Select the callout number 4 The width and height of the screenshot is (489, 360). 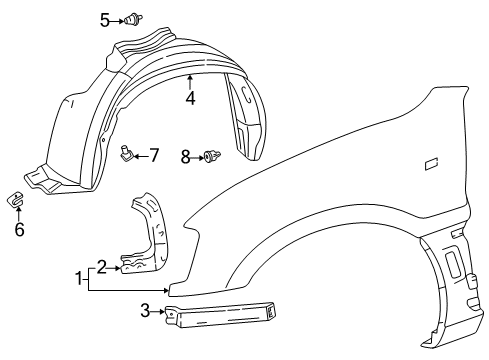click(x=190, y=97)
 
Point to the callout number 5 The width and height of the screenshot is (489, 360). click(x=105, y=18)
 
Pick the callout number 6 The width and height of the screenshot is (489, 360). click(x=18, y=229)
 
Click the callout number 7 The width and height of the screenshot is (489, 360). click(x=154, y=155)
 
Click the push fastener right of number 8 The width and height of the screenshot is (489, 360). click(x=211, y=155)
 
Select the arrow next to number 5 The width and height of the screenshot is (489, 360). click(x=118, y=18)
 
